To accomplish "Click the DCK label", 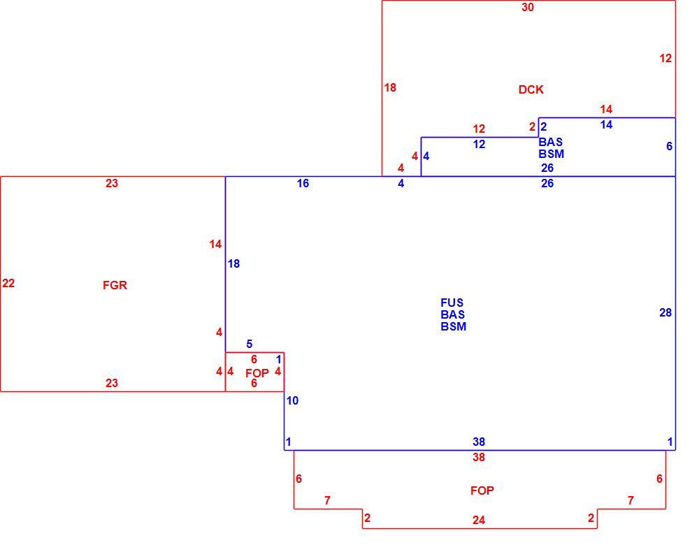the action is coord(531,89).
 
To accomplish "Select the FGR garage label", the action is coord(115,285).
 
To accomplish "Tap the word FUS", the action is coord(452,303).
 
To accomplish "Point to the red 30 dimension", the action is coord(528,7).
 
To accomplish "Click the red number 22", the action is coord(8,283).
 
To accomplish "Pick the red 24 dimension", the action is coord(479,520).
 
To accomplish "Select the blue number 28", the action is coord(665,312).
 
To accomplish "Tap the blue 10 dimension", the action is coord(292,400).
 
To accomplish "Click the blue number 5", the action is coord(250,344).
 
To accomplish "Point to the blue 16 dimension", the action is coord(303,183).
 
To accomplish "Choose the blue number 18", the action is coord(233,264).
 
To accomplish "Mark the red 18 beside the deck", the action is coord(390,88).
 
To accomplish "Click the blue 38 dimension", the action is coord(479,442).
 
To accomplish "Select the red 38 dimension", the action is coord(479,457).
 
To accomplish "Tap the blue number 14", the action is coord(606,125).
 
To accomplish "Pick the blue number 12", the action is coord(480,144).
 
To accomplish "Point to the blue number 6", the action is coord(669,146).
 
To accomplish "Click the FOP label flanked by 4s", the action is coord(257,373).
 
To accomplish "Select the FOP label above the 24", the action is coord(482,491).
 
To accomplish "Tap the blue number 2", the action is coord(543,126).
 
